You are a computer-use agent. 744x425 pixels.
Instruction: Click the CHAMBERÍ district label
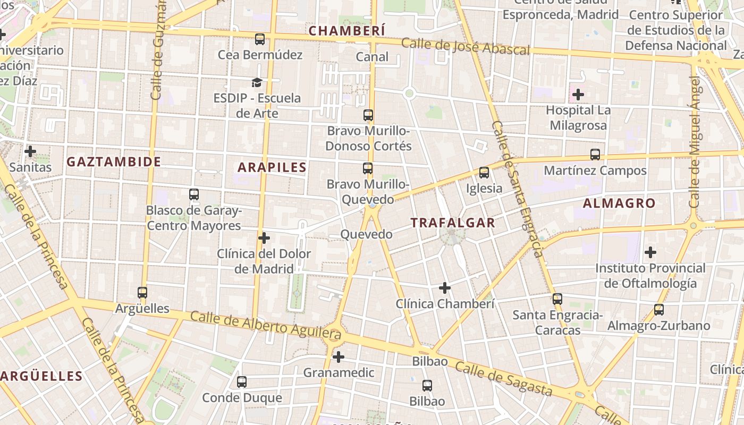point(346,31)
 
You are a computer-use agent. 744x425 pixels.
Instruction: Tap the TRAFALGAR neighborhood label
point(453,223)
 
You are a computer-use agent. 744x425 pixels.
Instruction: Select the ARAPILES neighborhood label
point(272,167)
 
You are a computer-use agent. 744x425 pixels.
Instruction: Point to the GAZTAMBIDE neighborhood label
point(114,162)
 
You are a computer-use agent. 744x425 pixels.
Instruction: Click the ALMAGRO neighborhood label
point(619,203)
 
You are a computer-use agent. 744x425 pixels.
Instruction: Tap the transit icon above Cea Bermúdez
point(260,39)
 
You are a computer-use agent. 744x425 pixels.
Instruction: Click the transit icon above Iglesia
point(484,173)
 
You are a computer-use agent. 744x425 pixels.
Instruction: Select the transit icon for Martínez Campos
point(595,155)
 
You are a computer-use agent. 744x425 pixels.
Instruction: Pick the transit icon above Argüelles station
point(142,293)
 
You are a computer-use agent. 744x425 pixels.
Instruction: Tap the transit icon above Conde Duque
point(242,381)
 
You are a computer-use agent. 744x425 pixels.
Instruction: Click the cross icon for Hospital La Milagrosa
point(578,95)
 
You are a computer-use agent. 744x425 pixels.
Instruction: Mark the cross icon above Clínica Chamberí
point(445,288)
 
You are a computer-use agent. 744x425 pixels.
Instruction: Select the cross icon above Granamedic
point(339,357)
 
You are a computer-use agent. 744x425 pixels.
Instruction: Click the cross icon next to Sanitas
point(30,151)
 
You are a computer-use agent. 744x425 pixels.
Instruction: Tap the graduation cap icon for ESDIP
point(257,82)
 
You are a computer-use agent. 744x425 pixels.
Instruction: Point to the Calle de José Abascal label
point(466,46)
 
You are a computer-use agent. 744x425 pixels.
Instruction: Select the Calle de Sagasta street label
point(504,379)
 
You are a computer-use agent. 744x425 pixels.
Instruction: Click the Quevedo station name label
point(366,234)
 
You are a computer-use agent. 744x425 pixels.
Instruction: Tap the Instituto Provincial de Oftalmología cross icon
point(650,252)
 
